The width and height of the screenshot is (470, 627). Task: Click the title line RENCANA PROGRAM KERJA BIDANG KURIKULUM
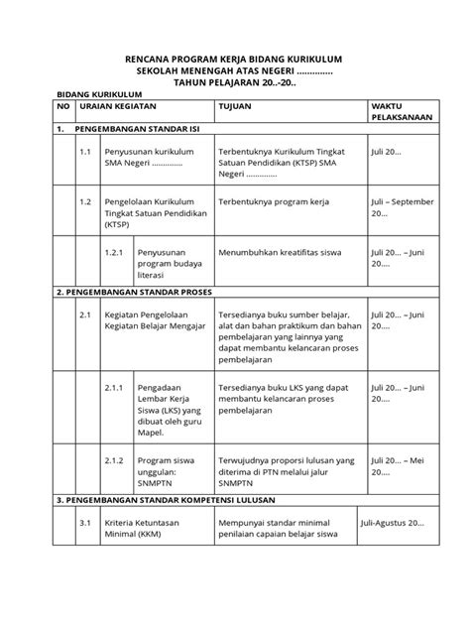[234, 60]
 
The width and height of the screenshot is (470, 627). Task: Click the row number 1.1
[86, 154]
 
